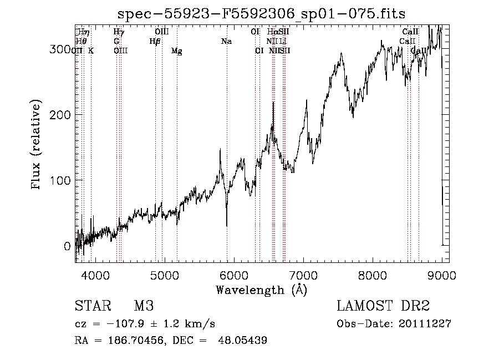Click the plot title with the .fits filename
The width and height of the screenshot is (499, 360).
(x=262, y=14)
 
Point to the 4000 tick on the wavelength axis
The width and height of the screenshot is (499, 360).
(x=95, y=261)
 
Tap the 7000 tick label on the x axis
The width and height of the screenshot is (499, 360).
(x=303, y=273)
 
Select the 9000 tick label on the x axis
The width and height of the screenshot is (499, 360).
(x=442, y=273)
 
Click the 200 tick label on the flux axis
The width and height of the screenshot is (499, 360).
(x=61, y=115)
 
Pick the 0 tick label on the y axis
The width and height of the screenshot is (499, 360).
(x=68, y=246)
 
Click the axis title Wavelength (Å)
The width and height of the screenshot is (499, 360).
(x=262, y=290)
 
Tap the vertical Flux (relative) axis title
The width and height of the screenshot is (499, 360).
(x=37, y=145)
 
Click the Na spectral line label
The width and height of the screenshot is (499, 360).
(x=226, y=42)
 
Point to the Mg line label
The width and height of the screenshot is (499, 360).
(x=176, y=51)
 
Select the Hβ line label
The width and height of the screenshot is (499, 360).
(x=155, y=42)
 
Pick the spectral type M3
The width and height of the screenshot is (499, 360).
(x=143, y=306)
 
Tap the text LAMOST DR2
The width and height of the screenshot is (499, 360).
(x=383, y=306)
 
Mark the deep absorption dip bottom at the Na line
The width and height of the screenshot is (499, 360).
(x=227, y=225)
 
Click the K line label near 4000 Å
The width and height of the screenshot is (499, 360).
(x=91, y=51)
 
